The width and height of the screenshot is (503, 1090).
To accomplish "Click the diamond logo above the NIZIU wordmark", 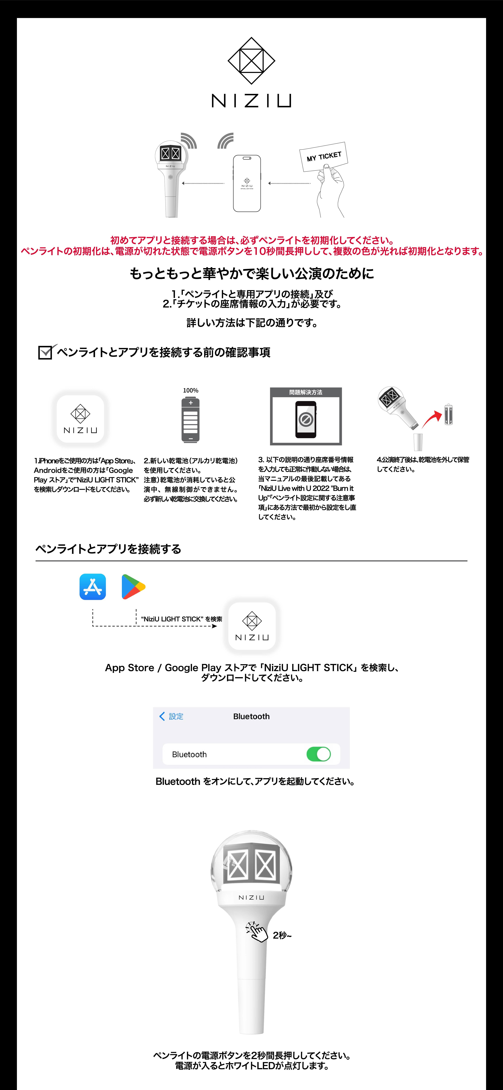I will point(251,61).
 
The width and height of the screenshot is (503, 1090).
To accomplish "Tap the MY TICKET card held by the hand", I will point(323,156).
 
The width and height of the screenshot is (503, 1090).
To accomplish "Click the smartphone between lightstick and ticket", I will point(247,183).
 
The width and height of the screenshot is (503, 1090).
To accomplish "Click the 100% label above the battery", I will point(191,390).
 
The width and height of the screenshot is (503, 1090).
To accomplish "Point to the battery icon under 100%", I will point(191,420).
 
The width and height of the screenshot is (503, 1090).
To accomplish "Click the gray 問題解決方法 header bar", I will point(306,392).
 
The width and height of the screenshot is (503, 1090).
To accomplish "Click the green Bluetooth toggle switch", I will point(318,754).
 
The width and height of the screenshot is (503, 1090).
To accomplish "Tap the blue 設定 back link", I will point(171,716).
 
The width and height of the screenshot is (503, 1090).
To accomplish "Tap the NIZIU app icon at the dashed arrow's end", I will point(252,626).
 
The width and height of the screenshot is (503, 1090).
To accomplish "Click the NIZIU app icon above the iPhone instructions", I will point(80,419).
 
